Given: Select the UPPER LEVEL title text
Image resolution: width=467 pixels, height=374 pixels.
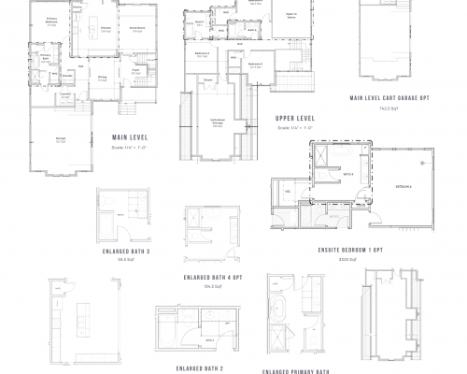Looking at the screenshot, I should (294, 120).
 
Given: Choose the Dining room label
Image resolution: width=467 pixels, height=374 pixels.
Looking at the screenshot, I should (103, 79).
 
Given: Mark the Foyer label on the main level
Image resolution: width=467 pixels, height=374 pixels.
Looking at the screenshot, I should (134, 70).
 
